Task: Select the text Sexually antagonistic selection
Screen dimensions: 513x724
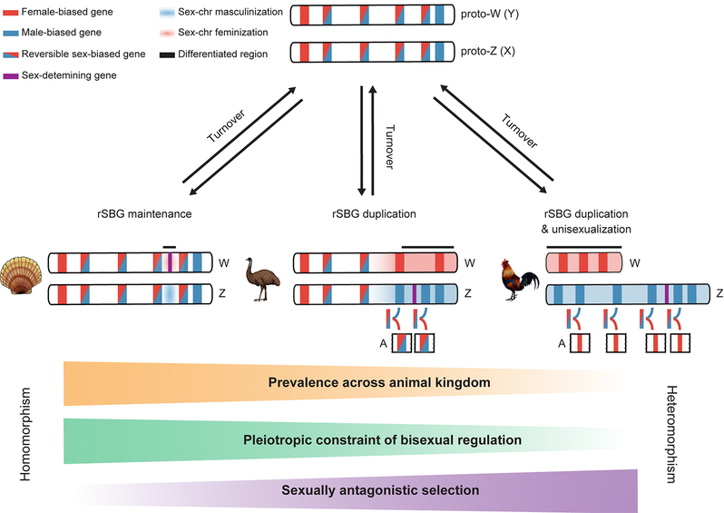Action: [x=379, y=490]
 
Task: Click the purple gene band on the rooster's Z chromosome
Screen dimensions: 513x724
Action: [x=667, y=294]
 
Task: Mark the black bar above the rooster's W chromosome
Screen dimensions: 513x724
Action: [x=583, y=245]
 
